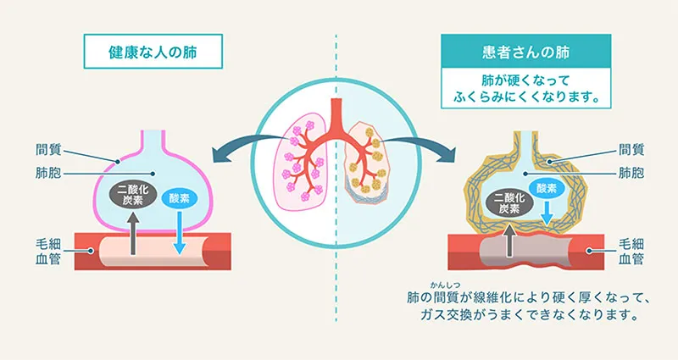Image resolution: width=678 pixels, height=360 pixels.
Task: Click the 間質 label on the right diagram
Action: [631, 149]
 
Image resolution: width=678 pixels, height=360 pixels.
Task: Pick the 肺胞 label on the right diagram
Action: [631, 172]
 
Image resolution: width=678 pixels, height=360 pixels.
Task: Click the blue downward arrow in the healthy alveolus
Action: [179, 230]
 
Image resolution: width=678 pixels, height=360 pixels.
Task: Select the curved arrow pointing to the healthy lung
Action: [242, 146]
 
